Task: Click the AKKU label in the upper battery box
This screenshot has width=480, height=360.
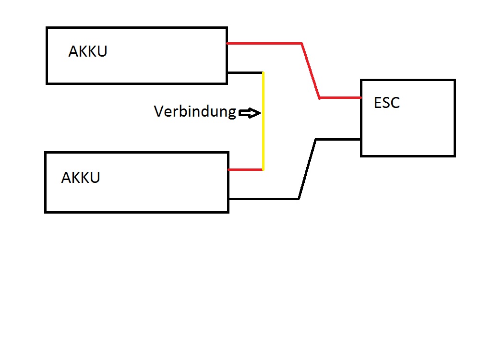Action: click(88, 51)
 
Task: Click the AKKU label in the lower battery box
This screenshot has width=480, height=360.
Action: click(81, 178)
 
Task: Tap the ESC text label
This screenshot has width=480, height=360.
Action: click(386, 103)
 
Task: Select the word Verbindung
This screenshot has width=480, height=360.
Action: click(195, 112)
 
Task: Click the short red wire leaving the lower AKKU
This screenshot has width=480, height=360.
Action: click(245, 169)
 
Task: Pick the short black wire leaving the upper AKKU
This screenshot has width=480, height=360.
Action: click(245, 72)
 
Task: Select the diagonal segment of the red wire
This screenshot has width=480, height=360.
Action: click(311, 71)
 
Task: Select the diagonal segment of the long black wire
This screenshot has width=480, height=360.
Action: click(307, 168)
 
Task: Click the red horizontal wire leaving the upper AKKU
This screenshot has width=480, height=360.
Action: click(264, 43)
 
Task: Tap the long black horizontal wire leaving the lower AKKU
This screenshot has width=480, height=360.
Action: click(264, 198)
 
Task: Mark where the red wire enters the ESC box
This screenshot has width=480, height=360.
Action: click(361, 97)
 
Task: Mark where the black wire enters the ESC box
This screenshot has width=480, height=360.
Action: click(361, 139)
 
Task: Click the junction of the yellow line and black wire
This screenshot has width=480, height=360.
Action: click(263, 73)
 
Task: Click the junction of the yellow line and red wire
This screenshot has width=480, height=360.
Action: click(263, 169)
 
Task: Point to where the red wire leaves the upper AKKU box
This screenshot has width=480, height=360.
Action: click(228, 43)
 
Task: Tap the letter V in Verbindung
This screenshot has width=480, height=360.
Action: click(159, 112)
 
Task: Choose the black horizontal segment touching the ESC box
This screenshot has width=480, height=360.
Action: click(338, 139)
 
